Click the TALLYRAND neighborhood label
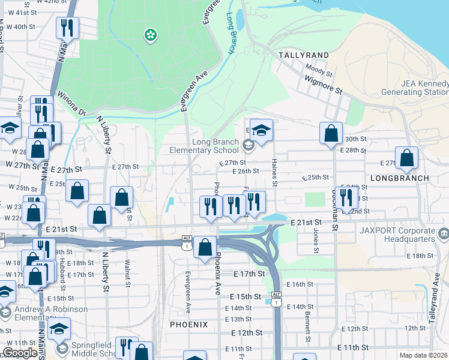tap(303, 55)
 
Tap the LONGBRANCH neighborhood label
tap(400, 178)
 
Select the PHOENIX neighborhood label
tap(188, 325)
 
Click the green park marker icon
tap(149, 35)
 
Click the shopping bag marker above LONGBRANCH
tap(408, 158)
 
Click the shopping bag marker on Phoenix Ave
tap(205, 247)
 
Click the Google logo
tap(20, 352)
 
